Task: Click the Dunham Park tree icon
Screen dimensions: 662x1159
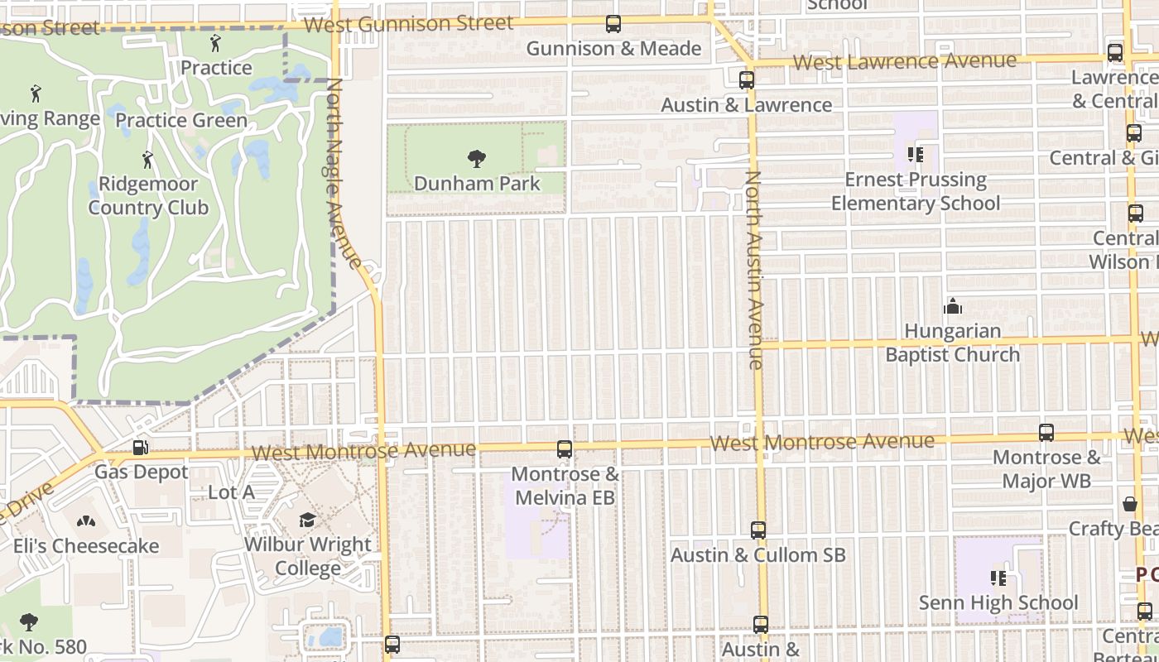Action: pos(476,158)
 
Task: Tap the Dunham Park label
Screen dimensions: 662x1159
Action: pos(477,184)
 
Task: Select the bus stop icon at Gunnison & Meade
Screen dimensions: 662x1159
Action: pos(613,25)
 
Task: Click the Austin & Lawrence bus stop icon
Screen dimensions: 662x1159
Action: pos(746,80)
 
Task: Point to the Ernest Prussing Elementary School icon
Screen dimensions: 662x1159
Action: pos(916,155)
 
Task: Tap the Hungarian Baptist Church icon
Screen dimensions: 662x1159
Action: pos(953,307)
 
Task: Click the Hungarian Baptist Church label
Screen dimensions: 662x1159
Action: pos(952,343)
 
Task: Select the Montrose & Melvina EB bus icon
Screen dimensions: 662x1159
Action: pos(565,449)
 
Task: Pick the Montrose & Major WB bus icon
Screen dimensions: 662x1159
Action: pos(1046,433)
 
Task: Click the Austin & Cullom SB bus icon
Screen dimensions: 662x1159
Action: pos(758,530)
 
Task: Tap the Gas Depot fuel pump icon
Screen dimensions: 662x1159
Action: pos(141,448)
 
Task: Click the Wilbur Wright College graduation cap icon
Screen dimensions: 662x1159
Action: pos(307,520)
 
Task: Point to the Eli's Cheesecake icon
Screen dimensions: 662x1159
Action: pos(86,521)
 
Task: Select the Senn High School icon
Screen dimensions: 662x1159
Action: pos(998,578)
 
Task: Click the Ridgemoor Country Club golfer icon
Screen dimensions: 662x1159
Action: pos(148,158)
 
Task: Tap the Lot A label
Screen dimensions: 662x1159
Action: pos(231,493)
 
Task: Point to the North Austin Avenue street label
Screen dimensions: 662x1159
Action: pos(754,269)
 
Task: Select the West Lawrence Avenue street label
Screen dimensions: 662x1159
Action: pos(904,62)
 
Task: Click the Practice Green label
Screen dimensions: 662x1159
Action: pos(181,121)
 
